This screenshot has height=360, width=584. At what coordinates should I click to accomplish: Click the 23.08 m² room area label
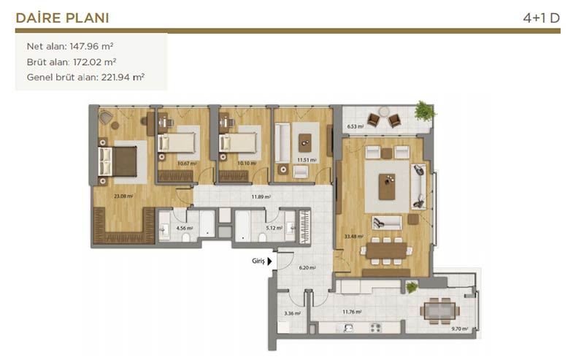pos(123,196)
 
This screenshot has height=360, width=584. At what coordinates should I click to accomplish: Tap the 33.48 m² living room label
pos(353,237)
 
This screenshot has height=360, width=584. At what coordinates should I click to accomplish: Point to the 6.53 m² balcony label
pos(356,126)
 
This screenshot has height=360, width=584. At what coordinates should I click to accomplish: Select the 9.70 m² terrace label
pos(460,329)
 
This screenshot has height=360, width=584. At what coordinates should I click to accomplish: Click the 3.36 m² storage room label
pos(293,313)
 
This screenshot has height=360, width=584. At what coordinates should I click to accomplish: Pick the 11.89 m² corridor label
pos(261,196)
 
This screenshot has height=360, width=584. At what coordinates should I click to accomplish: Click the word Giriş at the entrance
pos(258,261)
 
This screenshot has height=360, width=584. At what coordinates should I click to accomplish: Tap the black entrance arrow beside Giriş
pos(269,261)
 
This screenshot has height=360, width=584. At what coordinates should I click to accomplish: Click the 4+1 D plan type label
pos(541,18)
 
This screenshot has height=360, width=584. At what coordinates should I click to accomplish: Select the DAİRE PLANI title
pos(62,18)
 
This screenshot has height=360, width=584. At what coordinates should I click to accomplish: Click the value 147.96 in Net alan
pos(84,46)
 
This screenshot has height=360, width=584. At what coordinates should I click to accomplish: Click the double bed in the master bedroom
pos(118,161)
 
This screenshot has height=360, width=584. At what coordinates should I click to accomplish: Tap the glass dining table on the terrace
pos(440,310)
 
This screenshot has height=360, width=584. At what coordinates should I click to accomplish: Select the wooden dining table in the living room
pos(386,250)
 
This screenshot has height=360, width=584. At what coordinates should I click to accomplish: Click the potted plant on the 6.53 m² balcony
pos(424,111)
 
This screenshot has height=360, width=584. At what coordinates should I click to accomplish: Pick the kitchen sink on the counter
pos(349,328)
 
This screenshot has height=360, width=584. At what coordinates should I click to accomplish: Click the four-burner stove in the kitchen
pos(375,328)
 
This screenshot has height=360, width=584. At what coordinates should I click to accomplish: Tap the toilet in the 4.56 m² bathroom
pos(187,237)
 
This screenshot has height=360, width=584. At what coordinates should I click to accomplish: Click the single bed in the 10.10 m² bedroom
pos(239,143)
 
